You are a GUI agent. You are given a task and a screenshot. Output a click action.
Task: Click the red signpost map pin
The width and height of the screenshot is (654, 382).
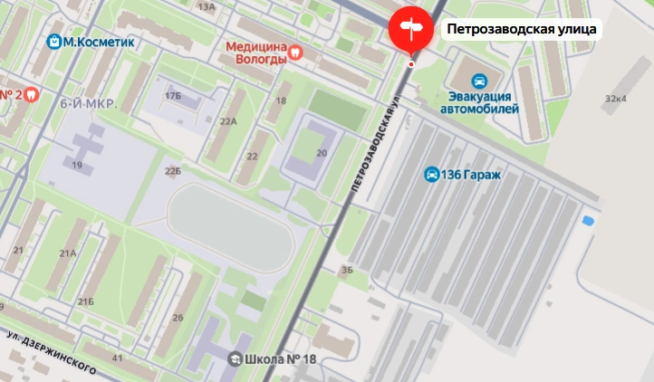tap(411, 29)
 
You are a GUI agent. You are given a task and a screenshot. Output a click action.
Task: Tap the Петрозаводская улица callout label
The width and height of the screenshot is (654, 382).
tap(522, 29)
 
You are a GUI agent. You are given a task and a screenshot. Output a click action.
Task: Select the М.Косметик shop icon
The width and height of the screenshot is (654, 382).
tap(56, 42)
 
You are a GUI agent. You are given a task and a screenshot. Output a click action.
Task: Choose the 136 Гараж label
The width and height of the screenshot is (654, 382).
tap(470, 175)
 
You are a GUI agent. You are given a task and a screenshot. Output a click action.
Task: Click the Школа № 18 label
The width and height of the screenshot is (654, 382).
tap(281, 359)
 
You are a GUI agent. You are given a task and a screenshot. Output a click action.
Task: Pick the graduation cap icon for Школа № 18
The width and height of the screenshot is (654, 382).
tap(235, 359)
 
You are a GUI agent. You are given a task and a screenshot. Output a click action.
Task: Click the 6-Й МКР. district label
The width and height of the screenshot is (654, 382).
tap(89, 104)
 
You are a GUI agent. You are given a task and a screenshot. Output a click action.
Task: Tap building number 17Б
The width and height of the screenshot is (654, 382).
tap(172, 95)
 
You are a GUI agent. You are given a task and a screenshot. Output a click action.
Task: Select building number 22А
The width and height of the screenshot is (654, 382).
tap(227, 121)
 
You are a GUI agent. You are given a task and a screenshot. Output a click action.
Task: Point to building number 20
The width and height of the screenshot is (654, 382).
tap(321, 153)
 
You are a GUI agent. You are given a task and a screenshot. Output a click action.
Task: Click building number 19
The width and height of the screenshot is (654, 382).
tap(77, 165)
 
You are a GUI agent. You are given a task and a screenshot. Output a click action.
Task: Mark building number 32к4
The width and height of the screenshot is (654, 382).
tap(616, 98)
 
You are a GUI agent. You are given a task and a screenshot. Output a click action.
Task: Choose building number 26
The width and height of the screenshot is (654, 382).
tap(178, 317)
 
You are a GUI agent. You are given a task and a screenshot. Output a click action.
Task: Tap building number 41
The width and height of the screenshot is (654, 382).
tap(117, 359)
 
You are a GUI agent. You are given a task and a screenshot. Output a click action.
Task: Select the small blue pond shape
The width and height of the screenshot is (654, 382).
tap(589, 220)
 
